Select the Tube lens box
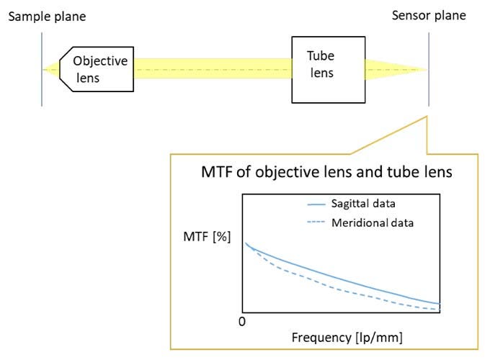pyautogui.click(x=327, y=69)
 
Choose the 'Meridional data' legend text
pyautogui.click(x=372, y=222)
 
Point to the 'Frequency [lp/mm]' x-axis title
pyautogui.click(x=347, y=336)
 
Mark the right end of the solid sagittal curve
pyautogui.click(x=439, y=303)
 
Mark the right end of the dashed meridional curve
pyautogui.click(x=439, y=310)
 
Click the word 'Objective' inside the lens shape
pyautogui.click(x=100, y=61)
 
